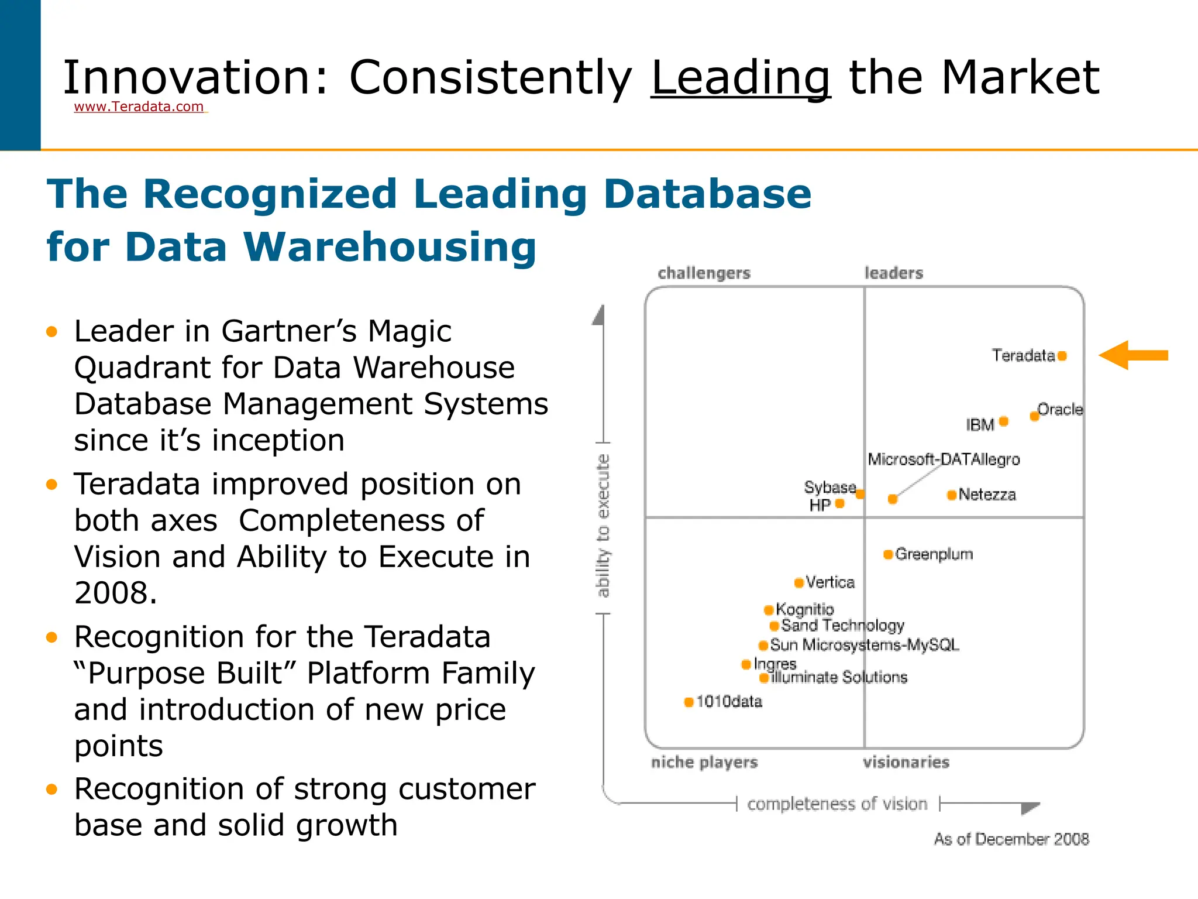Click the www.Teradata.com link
tap(139, 107)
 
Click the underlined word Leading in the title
tap(740, 77)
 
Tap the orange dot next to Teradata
tap(1062, 355)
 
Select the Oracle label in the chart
tap(1060, 409)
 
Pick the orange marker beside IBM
tap(1004, 421)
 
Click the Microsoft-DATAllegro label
tap(944, 459)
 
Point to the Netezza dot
tap(952, 495)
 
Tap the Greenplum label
tap(934, 554)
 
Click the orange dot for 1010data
tap(688, 702)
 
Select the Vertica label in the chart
tap(829, 582)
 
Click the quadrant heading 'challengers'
tap(704, 273)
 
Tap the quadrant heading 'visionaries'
tap(906, 762)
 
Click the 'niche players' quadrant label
tap(704, 762)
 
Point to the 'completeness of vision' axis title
tap(837, 804)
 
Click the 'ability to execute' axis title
tap(603, 525)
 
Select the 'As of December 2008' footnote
tap(1011, 839)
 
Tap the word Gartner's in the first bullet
tap(289, 331)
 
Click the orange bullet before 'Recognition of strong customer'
tap(52, 790)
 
